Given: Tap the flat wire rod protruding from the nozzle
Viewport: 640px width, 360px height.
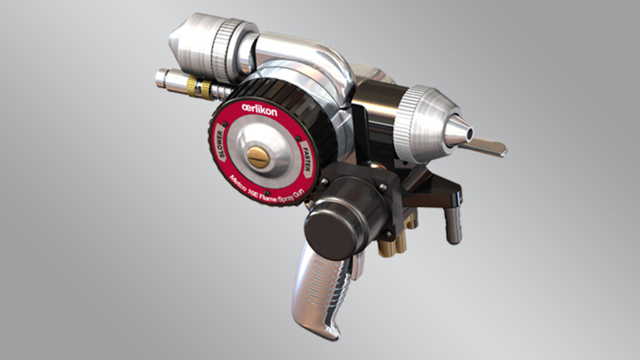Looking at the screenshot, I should click(x=487, y=147).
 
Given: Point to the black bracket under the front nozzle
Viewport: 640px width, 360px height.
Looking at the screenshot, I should click(x=437, y=187).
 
